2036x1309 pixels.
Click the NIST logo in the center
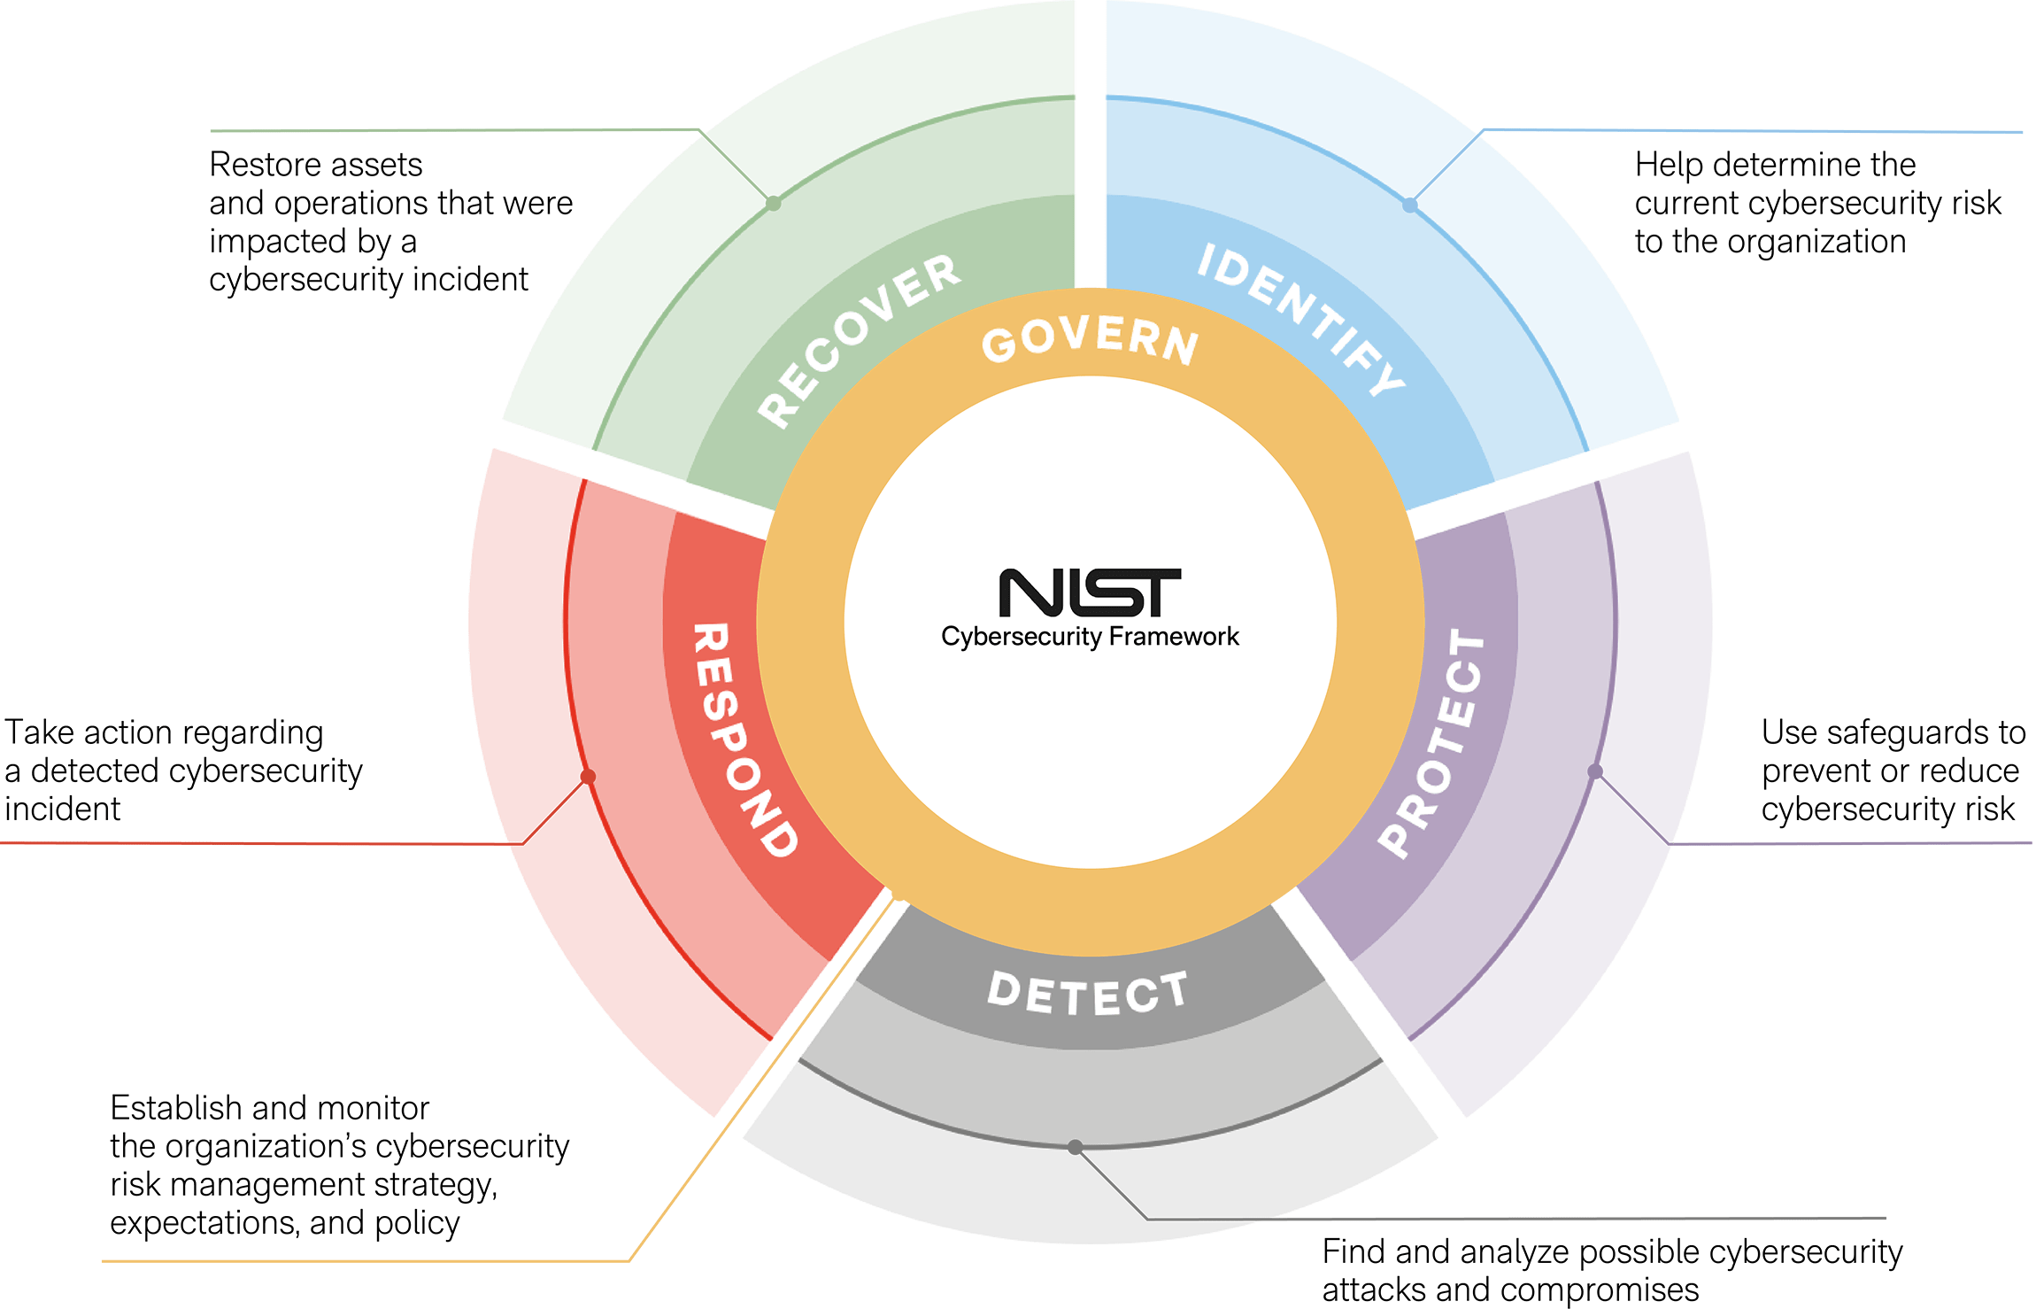click(x=1090, y=593)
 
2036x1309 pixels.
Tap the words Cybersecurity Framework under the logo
click(x=1090, y=637)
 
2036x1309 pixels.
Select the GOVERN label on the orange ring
click(x=1090, y=342)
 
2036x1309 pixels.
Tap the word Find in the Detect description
click(x=1353, y=1252)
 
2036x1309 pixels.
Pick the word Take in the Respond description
click(x=39, y=733)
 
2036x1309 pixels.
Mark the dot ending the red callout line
click(x=587, y=777)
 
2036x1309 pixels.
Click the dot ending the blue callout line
click(x=1412, y=204)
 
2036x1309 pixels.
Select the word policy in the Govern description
click(x=417, y=1224)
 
